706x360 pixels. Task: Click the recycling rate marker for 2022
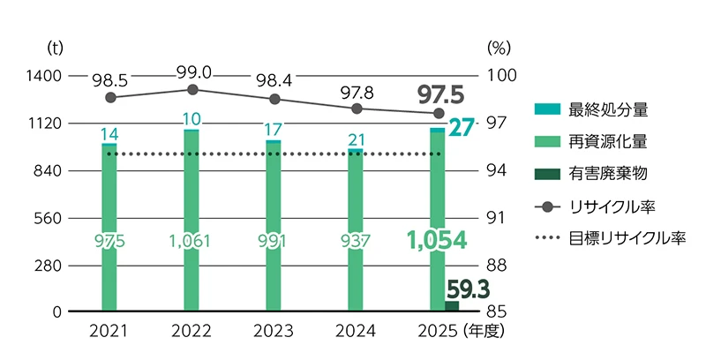(x=192, y=89)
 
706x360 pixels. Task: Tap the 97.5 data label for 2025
(x=440, y=94)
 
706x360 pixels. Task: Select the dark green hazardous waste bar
(x=452, y=306)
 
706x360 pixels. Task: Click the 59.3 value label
(x=469, y=289)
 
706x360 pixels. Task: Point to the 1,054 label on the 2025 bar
(x=437, y=240)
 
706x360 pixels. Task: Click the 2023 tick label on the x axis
(x=273, y=332)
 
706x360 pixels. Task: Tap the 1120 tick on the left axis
(x=43, y=124)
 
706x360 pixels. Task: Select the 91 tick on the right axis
(x=497, y=218)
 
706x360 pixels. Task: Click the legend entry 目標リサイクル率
(x=610, y=238)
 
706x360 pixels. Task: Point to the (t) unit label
(x=55, y=49)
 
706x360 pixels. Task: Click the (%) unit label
(x=499, y=49)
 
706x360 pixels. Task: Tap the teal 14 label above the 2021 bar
(x=109, y=134)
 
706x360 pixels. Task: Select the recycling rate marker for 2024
(x=357, y=109)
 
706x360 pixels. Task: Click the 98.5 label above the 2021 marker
(x=109, y=81)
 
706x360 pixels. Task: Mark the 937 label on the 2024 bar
(x=355, y=242)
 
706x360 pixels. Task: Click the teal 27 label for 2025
(x=462, y=128)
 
